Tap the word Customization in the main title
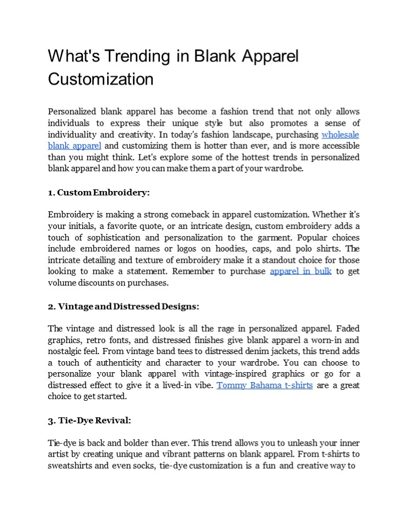(x=101, y=79)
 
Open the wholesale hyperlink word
(x=341, y=134)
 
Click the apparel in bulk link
(x=300, y=272)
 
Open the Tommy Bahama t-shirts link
(x=265, y=385)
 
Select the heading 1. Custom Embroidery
(x=99, y=193)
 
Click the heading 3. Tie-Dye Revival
(x=90, y=420)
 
